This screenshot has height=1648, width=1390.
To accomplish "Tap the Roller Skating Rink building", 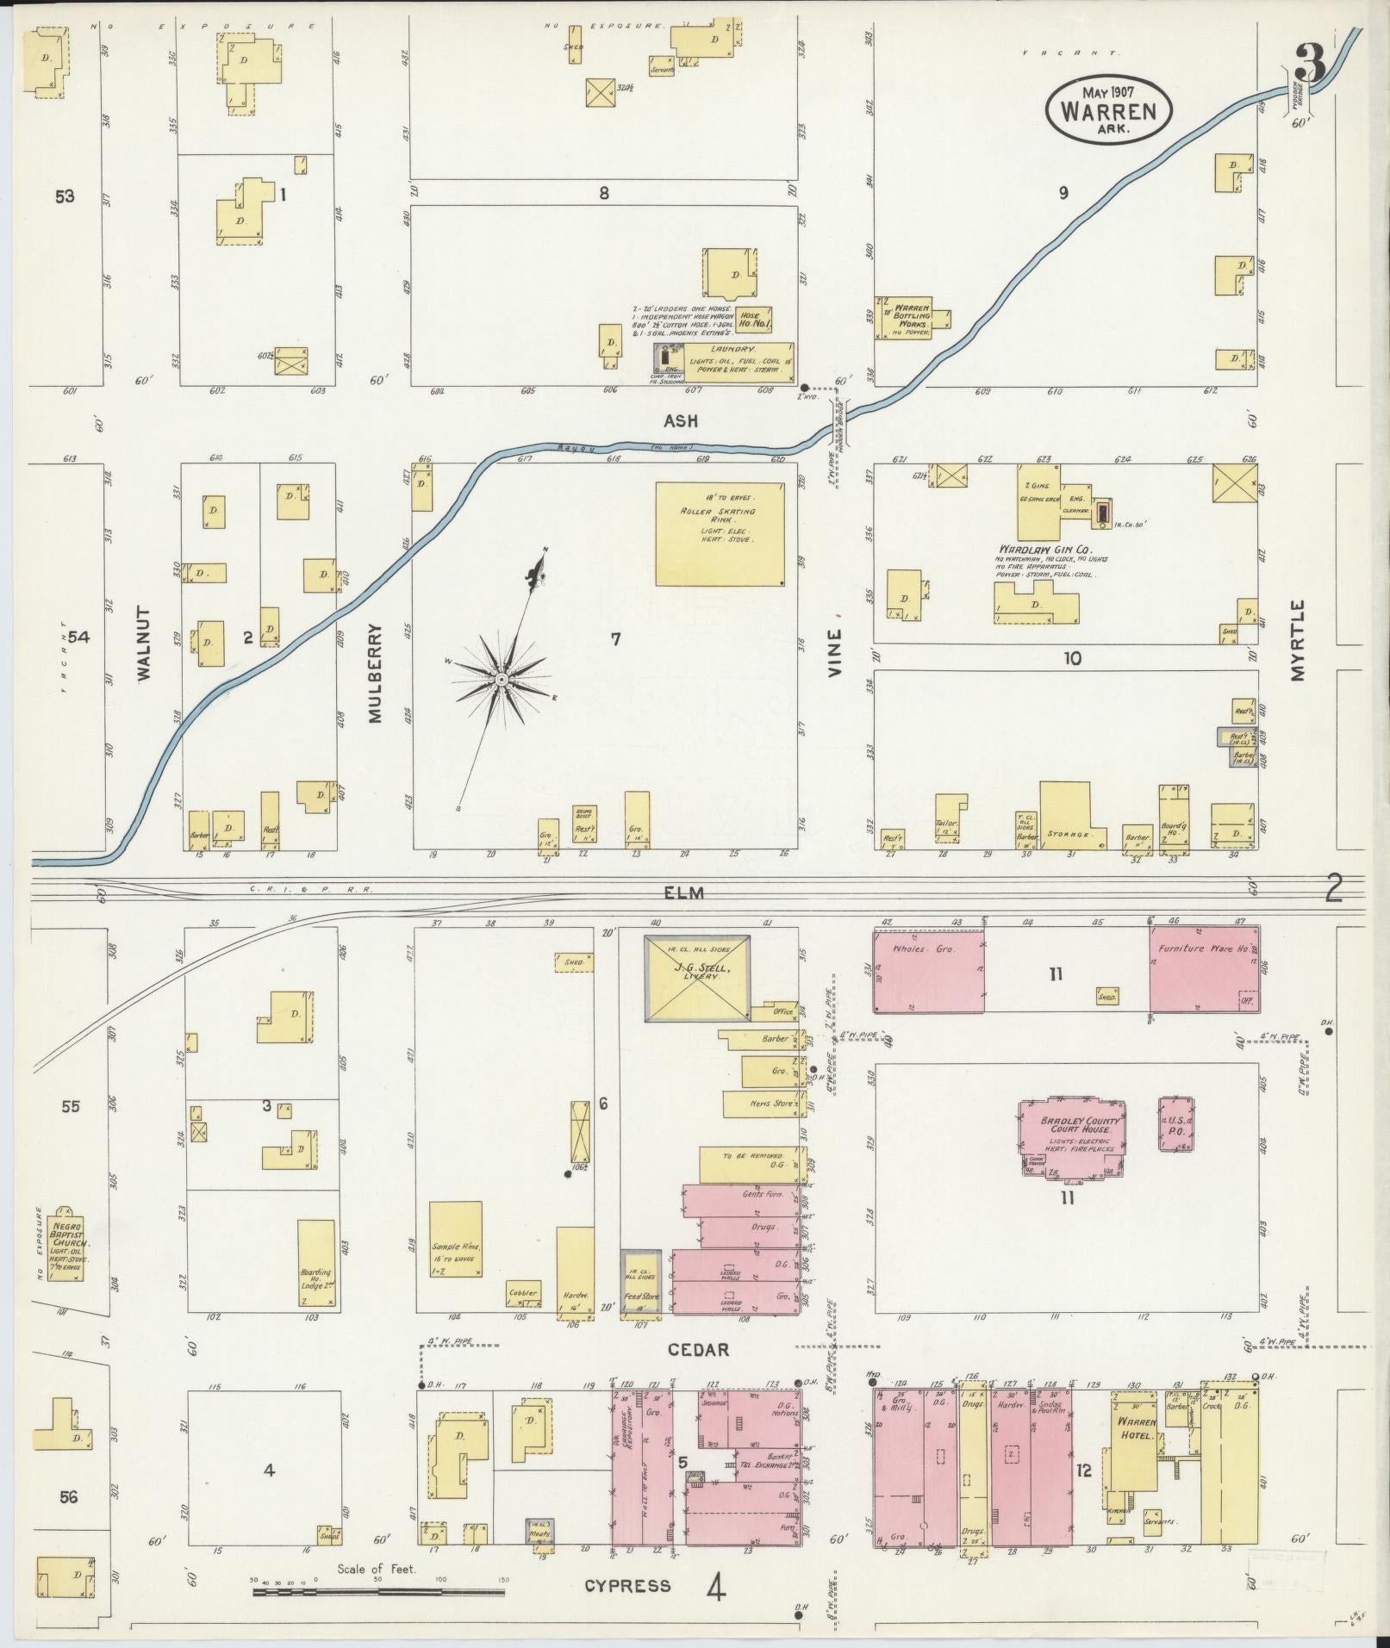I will [720, 533].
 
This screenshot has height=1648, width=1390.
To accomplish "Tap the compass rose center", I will [501, 681].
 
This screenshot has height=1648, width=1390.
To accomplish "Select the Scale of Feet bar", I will [378, 1592].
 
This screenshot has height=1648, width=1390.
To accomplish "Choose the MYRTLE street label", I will [1298, 640].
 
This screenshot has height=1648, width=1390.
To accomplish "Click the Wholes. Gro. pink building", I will [929, 971].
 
